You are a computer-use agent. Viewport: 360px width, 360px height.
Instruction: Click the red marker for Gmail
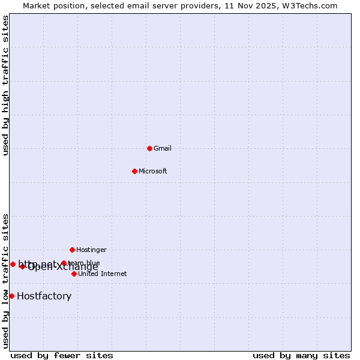click(x=149, y=148)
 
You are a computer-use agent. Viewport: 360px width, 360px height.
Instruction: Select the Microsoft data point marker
click(x=134, y=171)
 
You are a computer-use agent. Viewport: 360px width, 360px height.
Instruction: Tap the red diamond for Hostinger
click(x=72, y=250)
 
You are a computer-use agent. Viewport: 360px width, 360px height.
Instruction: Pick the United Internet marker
click(x=74, y=274)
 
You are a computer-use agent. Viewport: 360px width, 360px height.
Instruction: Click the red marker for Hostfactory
click(x=11, y=296)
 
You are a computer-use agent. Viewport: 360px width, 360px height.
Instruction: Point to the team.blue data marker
click(x=64, y=263)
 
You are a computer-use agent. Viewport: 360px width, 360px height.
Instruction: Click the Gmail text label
click(x=163, y=148)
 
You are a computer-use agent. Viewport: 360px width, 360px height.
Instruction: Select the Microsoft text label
click(x=153, y=171)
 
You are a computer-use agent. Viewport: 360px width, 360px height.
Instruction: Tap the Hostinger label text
click(x=91, y=250)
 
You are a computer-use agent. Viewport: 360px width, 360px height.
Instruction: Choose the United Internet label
click(x=102, y=274)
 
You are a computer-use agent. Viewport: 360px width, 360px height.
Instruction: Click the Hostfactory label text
click(x=44, y=296)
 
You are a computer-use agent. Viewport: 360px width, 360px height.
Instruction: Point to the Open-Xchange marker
click(x=22, y=266)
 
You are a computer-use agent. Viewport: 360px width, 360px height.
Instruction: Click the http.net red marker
click(x=13, y=264)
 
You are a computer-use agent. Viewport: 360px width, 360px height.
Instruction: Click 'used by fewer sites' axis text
click(x=62, y=355)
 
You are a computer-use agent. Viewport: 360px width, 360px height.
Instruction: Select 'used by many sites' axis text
click(x=301, y=355)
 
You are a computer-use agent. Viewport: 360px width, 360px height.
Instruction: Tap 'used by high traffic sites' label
click(x=6, y=85)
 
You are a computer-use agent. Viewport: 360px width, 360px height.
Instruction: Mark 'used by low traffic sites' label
click(x=6, y=281)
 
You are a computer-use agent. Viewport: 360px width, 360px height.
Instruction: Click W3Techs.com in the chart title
click(x=311, y=5)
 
